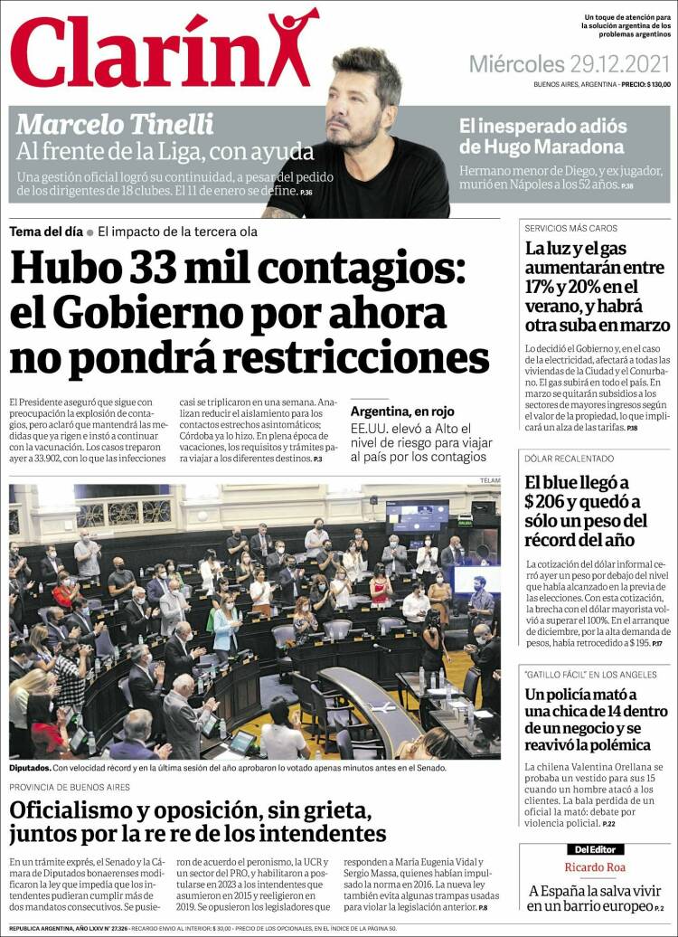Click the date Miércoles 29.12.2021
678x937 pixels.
pyautogui.click(x=570, y=64)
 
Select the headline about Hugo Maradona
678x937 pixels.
pyautogui.click(x=541, y=137)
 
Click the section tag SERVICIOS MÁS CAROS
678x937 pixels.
pyautogui.click(x=570, y=228)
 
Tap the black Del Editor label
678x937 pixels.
pyautogui.click(x=594, y=849)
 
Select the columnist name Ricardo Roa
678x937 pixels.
pyautogui.click(x=594, y=867)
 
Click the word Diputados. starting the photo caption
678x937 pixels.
pyautogui.click(x=30, y=768)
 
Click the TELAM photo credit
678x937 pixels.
pyautogui.click(x=489, y=479)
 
